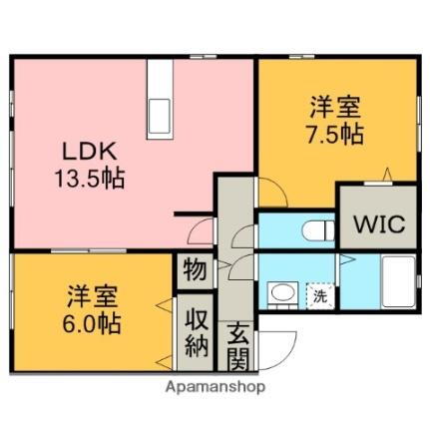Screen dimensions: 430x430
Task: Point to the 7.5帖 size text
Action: tap(334, 133)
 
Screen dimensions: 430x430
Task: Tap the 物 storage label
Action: tap(194, 270)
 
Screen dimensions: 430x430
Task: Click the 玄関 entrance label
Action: tap(240, 344)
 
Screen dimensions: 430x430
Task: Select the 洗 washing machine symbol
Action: tap(320, 296)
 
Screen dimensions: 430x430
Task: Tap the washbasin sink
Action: tap(283, 295)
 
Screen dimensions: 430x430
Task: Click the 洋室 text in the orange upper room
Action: tap(334, 104)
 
